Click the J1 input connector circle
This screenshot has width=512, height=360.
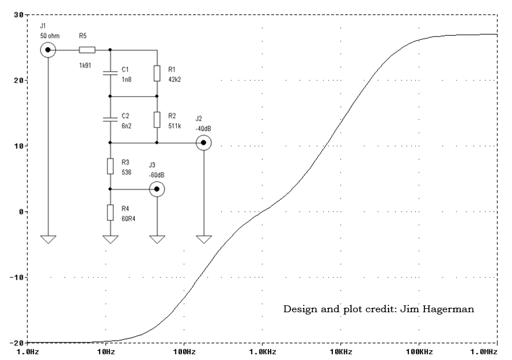pos(48,50)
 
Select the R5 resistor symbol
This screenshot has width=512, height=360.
pos(87,50)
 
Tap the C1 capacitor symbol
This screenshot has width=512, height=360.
pos(110,73)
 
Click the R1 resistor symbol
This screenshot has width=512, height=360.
pos(157,73)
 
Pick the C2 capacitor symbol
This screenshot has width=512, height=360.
pos(110,119)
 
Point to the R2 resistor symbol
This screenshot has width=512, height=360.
pos(157,119)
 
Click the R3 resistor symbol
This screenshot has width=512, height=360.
pos(110,165)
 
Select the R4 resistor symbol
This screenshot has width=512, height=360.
pos(110,212)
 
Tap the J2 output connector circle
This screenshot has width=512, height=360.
pos(203,143)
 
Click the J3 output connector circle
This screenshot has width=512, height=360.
pos(157,189)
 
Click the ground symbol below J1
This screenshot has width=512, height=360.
pos(48,239)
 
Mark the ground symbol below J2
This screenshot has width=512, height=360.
pos(203,239)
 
